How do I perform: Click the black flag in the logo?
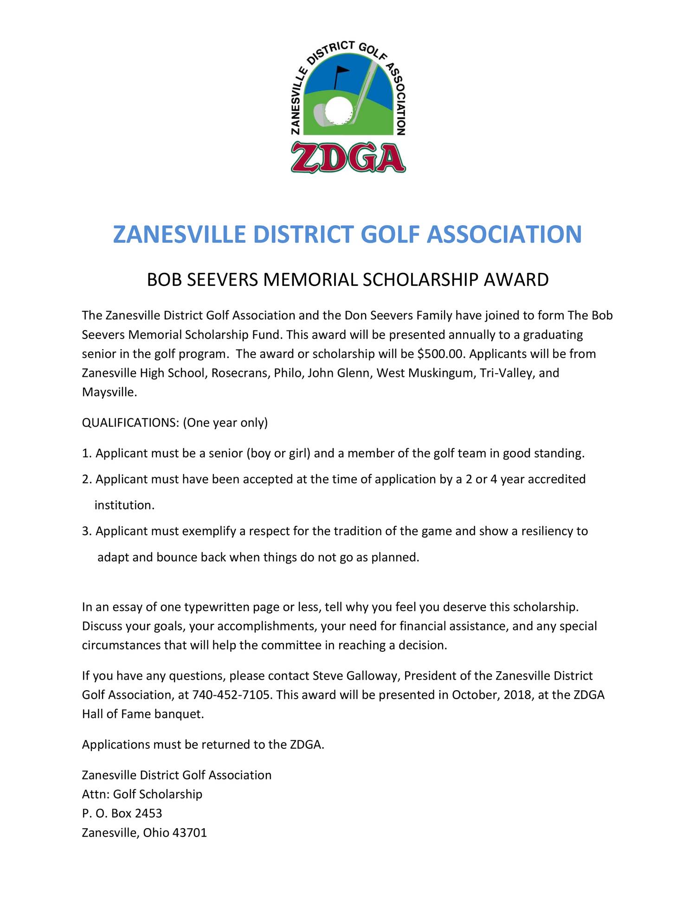pyautogui.click(x=341, y=71)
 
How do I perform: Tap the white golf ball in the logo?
pyautogui.click(x=339, y=110)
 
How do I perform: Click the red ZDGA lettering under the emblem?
pyautogui.click(x=348, y=158)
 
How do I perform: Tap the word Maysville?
pyautogui.click(x=110, y=392)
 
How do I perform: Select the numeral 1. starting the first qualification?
pyautogui.click(x=87, y=454)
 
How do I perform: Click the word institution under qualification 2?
pyautogui.click(x=124, y=506)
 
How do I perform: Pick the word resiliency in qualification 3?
pyautogui.click(x=547, y=531)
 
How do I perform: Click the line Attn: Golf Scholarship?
pyautogui.click(x=142, y=794)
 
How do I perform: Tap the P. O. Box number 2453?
pyautogui.click(x=148, y=813)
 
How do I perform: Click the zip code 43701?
pyautogui.click(x=189, y=833)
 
